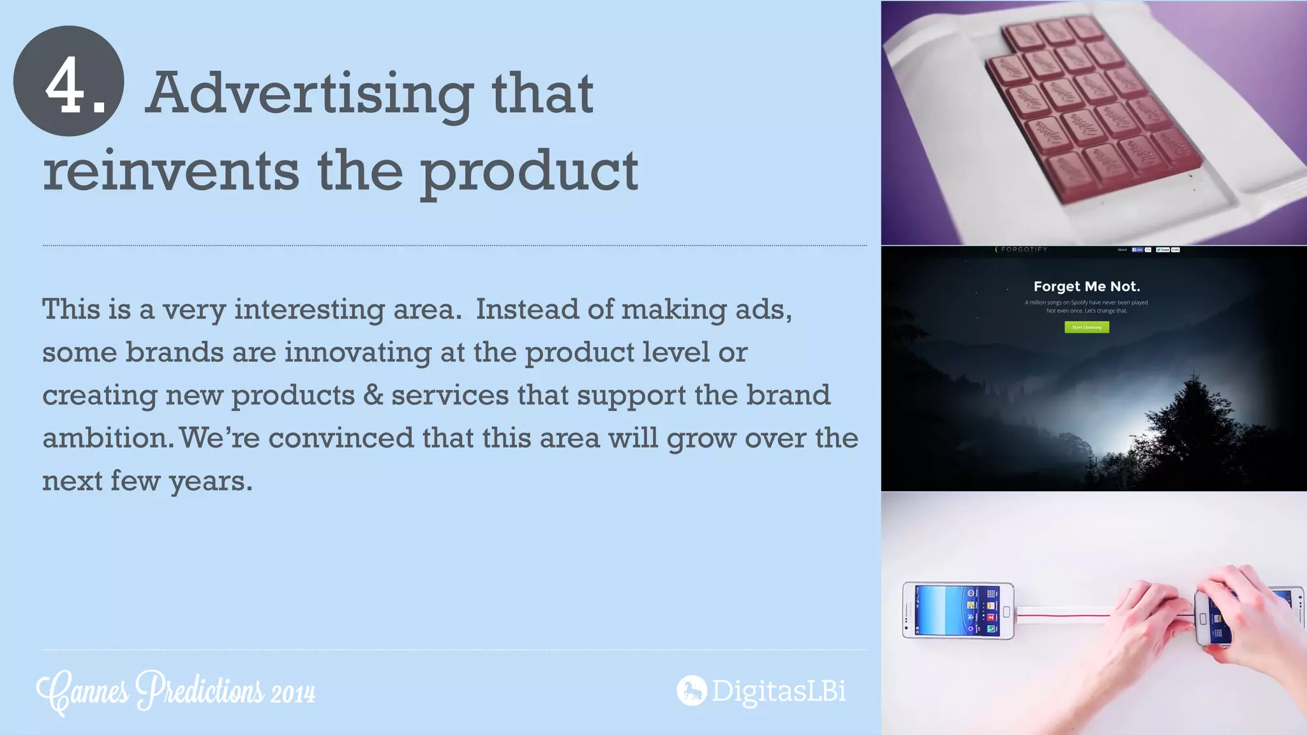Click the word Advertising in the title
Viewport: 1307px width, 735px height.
point(309,94)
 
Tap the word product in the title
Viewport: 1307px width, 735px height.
point(529,172)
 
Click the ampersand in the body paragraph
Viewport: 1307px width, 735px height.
point(373,395)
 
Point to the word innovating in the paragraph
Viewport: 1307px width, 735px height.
point(357,352)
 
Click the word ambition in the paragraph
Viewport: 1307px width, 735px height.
point(106,438)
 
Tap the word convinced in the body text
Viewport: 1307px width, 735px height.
point(341,438)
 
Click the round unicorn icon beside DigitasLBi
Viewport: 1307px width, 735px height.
point(692,690)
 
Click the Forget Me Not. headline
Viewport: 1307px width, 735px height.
point(1086,286)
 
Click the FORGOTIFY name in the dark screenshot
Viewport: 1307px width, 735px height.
point(1024,249)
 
